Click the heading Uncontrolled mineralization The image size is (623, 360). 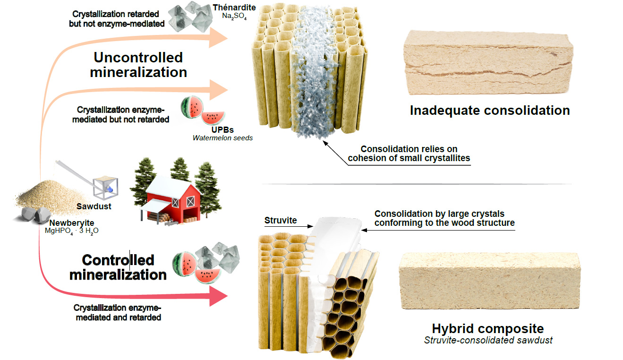[x=138, y=65]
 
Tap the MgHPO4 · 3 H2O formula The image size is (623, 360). [x=69, y=231]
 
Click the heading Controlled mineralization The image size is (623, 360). [x=118, y=267]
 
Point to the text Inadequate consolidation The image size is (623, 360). [x=490, y=111]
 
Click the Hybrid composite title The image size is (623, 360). [x=488, y=329]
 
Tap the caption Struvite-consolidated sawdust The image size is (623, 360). [x=488, y=340]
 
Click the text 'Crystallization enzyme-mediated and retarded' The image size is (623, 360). [x=118, y=313]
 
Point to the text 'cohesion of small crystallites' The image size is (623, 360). [x=409, y=158]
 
